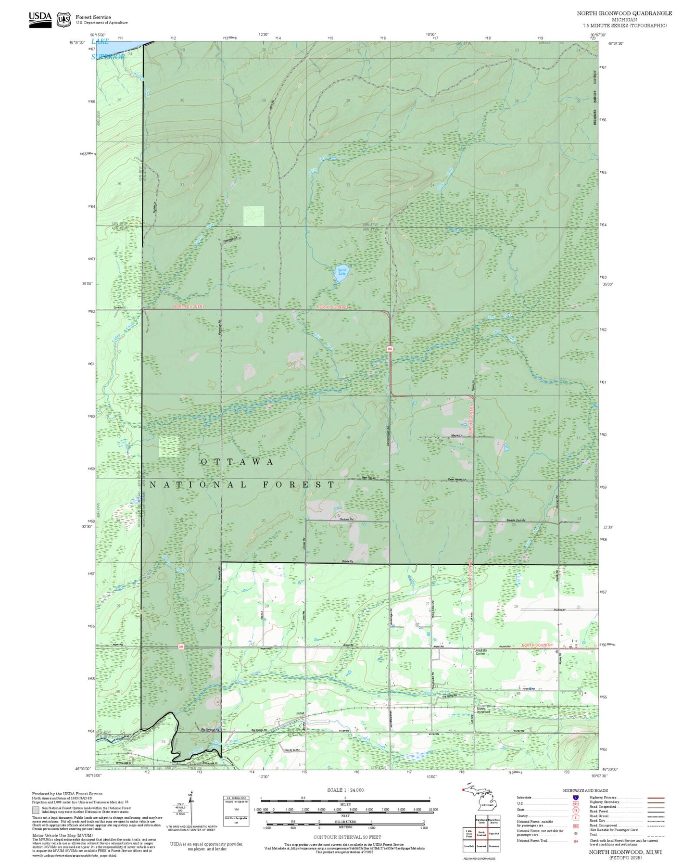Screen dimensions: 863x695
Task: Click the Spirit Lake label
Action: point(342,271)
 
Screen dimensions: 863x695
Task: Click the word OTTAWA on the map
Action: point(237,462)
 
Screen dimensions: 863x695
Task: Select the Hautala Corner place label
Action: point(481,652)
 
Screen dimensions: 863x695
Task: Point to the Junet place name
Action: point(301,713)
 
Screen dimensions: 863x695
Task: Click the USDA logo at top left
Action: point(40,19)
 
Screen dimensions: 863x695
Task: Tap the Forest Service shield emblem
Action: point(63,19)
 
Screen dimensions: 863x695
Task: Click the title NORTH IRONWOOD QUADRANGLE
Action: point(624,13)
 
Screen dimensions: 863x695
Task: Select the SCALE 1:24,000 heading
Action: point(345,790)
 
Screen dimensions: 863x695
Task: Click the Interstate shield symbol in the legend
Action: point(575,798)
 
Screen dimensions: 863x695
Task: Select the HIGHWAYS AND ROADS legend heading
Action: point(585,790)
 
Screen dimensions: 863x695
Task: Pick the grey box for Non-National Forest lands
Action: point(36,811)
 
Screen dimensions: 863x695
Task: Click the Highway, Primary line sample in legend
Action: point(656,798)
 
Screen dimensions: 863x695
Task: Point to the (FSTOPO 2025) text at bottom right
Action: point(625,857)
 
